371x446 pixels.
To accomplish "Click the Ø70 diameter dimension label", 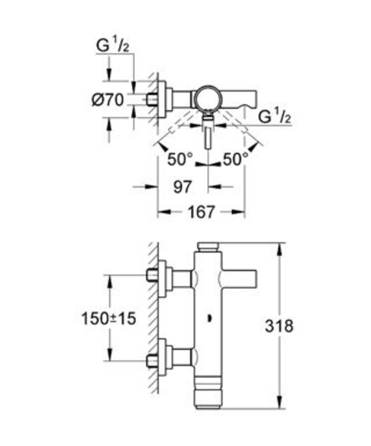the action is point(108,100).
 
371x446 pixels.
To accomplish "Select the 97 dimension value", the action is point(182,187).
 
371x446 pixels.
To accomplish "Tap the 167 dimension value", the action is point(201,212).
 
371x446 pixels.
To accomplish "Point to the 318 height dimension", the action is point(279,326).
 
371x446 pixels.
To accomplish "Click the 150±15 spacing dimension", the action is point(108,318).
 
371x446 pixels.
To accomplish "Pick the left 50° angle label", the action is point(180,159).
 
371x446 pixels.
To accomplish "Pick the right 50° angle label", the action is point(236,159).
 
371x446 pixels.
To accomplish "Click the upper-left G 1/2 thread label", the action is point(113,46).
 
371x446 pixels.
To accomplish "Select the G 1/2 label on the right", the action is point(275,116).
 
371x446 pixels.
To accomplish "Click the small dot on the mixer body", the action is point(209,319).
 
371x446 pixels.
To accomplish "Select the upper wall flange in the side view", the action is point(162,279).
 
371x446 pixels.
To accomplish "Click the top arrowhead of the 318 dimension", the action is point(280,250).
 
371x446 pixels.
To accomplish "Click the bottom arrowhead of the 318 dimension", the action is point(280,401).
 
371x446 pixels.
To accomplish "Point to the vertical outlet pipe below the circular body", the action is point(209,137).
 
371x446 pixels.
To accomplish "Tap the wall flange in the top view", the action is point(162,99).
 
